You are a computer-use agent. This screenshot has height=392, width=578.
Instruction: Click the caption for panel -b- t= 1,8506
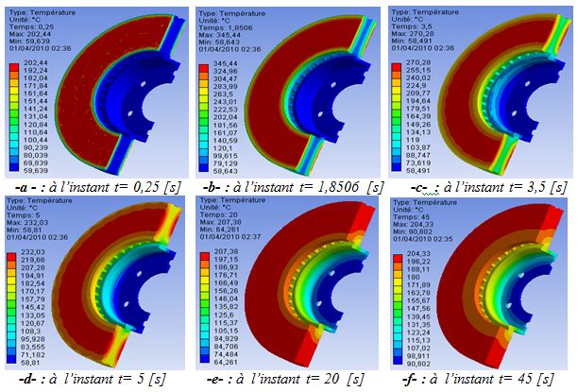point(289,186)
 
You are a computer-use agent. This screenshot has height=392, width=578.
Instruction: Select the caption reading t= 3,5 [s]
point(480,186)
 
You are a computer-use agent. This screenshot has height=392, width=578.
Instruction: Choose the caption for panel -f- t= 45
point(480,378)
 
